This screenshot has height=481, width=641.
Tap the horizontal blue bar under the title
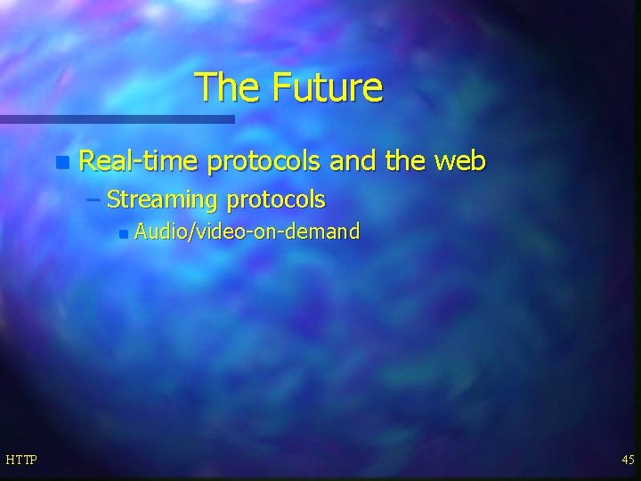tap(117, 118)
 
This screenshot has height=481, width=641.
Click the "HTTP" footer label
tap(21, 459)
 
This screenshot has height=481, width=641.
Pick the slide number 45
tap(628, 459)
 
